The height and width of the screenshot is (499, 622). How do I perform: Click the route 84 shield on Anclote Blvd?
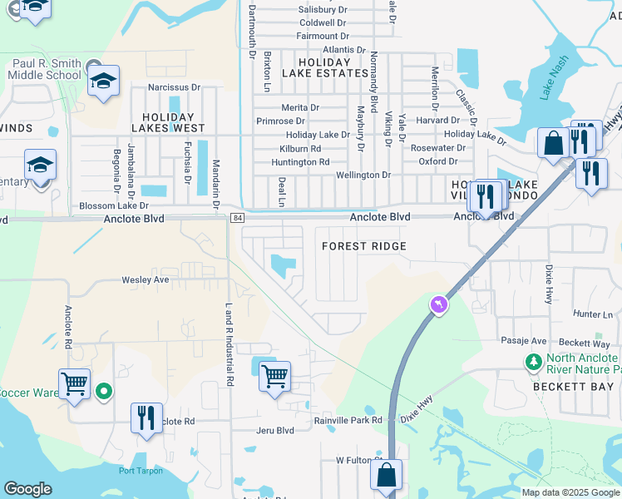[x=237, y=218]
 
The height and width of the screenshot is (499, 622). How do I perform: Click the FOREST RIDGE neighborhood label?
[x=364, y=246]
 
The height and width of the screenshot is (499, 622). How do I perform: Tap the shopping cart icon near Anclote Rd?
[x=75, y=384]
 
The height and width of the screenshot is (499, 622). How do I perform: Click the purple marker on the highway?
[x=438, y=306]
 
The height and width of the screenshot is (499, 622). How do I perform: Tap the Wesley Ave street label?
[x=146, y=280]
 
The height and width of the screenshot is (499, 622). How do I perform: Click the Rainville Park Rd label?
[x=348, y=420]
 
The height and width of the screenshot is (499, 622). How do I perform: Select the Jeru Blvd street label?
[x=274, y=430]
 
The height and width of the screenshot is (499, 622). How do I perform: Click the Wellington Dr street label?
[x=363, y=175]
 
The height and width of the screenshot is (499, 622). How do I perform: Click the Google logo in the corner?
[x=27, y=489]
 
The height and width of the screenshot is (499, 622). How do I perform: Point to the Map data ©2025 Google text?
[x=570, y=492]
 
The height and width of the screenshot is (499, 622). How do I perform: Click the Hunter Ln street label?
[x=592, y=314]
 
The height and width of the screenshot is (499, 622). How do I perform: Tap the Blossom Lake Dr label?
[x=113, y=205]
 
